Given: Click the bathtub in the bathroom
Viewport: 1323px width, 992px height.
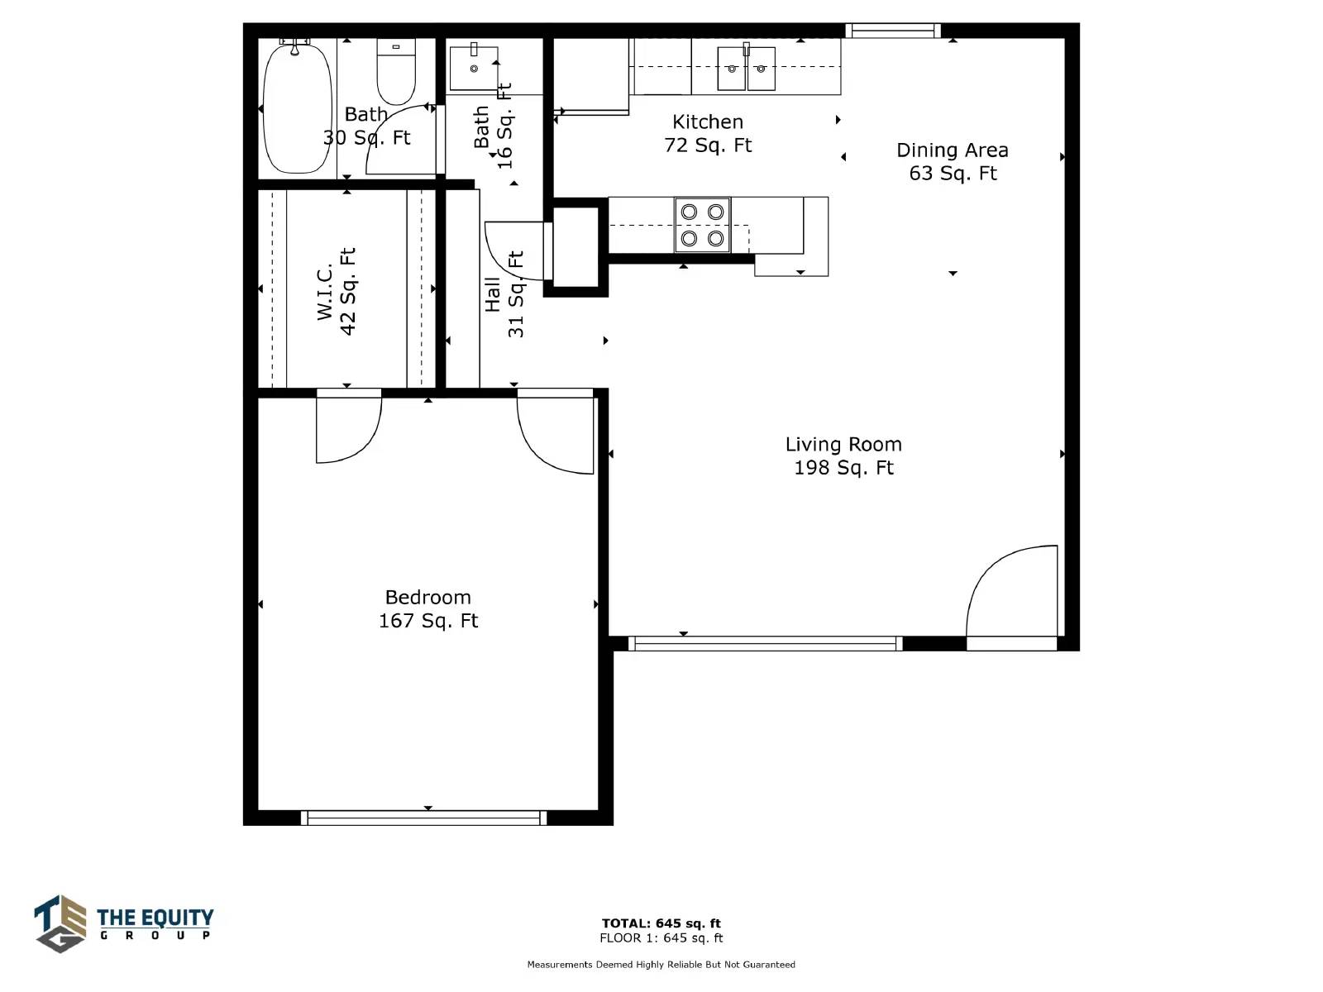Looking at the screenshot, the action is click(x=298, y=107).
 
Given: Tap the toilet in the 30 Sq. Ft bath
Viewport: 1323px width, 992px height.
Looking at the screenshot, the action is click(x=396, y=72).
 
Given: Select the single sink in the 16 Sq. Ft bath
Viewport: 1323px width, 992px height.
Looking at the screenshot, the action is click(x=474, y=68).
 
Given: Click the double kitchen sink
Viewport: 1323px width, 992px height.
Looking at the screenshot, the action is click(x=746, y=68).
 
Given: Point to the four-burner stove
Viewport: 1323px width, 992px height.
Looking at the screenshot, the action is click(x=702, y=225).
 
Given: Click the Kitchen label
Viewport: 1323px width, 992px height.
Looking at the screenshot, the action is click(x=708, y=122).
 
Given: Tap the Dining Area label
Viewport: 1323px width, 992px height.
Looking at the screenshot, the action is click(x=953, y=150).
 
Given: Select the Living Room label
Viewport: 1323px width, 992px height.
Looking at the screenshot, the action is click(x=843, y=445).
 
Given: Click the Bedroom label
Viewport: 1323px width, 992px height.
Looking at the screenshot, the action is click(x=428, y=598).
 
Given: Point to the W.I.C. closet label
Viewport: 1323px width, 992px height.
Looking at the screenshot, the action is click(x=324, y=291).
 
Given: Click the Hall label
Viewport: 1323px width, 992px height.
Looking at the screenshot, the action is click(x=493, y=294).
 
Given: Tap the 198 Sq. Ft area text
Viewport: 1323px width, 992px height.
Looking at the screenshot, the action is click(x=843, y=468).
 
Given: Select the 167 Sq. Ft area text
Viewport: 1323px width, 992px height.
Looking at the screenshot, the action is click(x=428, y=621).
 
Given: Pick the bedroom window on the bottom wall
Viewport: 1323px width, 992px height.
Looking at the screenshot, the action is click(x=423, y=818).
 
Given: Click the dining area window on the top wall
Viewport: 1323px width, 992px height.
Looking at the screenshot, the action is click(x=893, y=31).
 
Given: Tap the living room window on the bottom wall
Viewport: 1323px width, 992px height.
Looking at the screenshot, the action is click(x=766, y=644).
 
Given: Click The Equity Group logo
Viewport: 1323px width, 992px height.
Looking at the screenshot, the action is click(x=123, y=924).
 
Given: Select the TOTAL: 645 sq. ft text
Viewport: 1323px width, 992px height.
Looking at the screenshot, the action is click(x=661, y=923).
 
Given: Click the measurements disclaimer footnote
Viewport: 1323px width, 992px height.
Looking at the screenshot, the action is click(x=661, y=965).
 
